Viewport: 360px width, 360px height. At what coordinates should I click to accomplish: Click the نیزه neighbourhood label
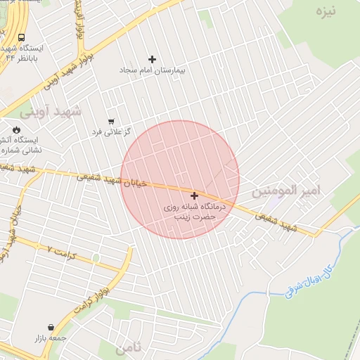coord(327,11)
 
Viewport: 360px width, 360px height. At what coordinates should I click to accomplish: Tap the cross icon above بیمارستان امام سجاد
coord(153,58)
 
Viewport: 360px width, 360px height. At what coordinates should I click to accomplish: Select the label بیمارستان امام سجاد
coord(153,71)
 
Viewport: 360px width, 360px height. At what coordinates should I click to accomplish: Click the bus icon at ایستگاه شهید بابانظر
coord(21,37)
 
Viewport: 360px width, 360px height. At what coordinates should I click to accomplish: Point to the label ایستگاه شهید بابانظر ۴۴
coord(25,53)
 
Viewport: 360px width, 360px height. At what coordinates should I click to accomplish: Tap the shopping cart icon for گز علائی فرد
coord(111,121)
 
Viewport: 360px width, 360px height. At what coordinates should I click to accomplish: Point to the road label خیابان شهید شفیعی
coord(112,180)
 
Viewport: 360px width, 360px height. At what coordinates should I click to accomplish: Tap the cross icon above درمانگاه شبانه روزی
coord(194,195)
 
